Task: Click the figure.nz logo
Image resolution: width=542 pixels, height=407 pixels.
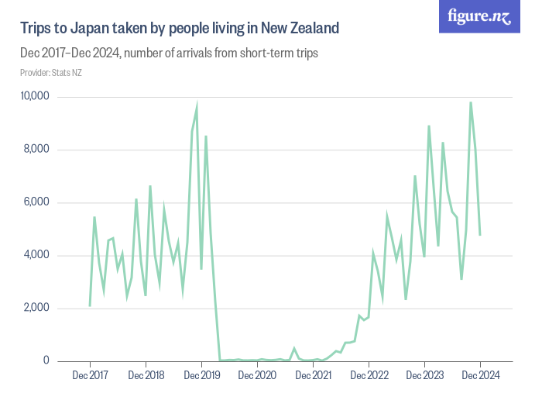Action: tap(481, 16)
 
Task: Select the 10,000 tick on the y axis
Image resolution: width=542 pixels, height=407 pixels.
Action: tap(34, 97)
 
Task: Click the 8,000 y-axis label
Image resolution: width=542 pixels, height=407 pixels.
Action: tap(36, 150)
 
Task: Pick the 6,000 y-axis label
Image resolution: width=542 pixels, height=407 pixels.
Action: tap(36, 202)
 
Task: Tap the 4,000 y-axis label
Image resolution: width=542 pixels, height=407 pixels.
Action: tap(36, 255)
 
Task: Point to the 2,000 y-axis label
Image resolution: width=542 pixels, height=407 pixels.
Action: tap(36, 308)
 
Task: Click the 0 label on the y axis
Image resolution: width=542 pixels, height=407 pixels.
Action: tap(46, 360)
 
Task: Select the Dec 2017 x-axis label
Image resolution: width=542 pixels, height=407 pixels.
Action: tap(90, 375)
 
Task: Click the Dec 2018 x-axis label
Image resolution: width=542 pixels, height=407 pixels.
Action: tap(146, 375)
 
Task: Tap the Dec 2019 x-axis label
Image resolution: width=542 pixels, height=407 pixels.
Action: tap(201, 375)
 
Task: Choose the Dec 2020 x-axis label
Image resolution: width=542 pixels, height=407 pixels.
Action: tap(257, 375)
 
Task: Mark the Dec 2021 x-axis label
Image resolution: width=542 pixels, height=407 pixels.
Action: tap(313, 375)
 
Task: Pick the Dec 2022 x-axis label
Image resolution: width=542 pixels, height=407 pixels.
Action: tap(369, 375)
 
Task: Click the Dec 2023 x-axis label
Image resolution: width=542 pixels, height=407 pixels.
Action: tap(424, 375)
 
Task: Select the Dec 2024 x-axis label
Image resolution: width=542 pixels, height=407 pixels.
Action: tap(480, 375)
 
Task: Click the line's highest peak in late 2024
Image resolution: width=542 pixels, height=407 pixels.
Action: tap(471, 102)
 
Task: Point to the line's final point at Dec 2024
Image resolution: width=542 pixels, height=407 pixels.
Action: tap(480, 234)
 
